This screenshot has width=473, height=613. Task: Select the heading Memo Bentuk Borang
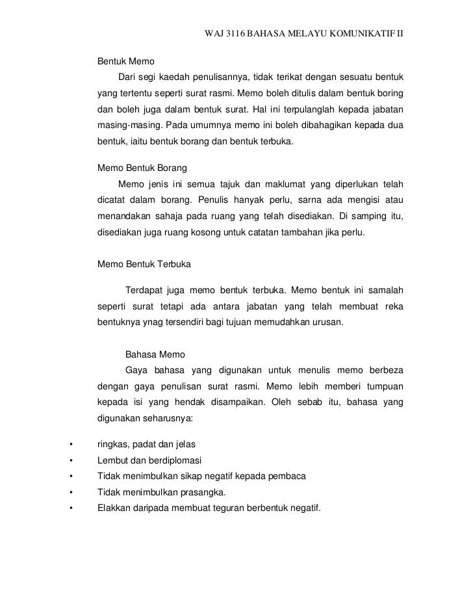click(x=142, y=168)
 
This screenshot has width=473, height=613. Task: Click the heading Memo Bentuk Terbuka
click(x=143, y=265)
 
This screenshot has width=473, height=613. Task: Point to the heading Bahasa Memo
click(x=154, y=354)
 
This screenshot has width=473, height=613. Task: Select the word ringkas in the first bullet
click(x=112, y=445)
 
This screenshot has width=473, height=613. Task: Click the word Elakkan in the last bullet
click(x=114, y=507)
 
